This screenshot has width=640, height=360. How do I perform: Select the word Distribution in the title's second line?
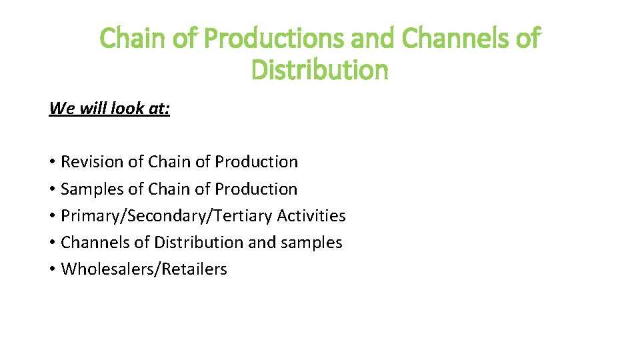(x=319, y=69)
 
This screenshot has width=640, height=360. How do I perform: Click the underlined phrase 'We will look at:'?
(x=109, y=108)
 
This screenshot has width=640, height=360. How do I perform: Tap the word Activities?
(x=311, y=216)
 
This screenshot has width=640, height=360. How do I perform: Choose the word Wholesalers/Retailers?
(x=144, y=269)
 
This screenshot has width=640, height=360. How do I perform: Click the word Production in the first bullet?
(x=257, y=162)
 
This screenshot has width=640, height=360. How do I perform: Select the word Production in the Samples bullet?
(x=256, y=189)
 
